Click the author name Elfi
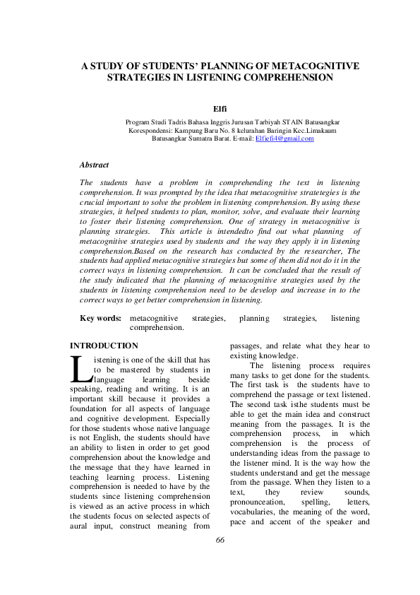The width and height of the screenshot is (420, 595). pos(220,109)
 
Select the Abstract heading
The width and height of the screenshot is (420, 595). pos(94,165)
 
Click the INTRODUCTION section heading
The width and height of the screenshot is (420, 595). pos(104,346)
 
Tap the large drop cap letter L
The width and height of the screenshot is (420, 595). pos(79,368)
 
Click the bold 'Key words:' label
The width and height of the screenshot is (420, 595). pos(100,319)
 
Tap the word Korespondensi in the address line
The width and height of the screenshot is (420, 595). pos(151,131)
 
